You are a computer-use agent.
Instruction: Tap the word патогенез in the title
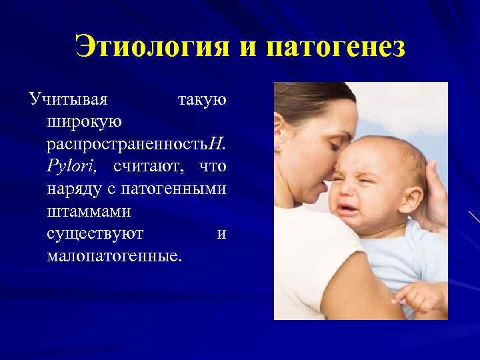point(335,48)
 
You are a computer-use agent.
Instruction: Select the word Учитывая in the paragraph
point(68,100)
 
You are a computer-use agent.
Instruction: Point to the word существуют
point(95,234)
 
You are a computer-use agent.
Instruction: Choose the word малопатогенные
point(114,256)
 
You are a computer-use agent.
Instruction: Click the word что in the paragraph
point(213,165)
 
